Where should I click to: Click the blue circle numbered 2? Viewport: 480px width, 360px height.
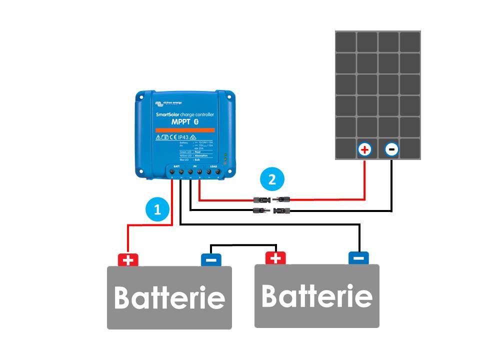click(272, 179)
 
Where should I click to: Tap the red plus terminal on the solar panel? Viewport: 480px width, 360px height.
click(365, 149)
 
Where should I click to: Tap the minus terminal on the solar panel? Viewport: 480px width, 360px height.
click(391, 149)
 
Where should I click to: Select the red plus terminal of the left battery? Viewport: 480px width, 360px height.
click(128, 260)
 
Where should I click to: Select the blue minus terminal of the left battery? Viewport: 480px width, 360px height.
click(211, 260)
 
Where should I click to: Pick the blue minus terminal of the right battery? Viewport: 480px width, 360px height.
click(358, 258)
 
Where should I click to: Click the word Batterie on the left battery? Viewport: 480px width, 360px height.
click(169, 298)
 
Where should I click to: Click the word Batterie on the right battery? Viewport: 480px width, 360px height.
click(317, 296)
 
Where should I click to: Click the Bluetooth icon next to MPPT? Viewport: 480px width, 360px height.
click(196, 122)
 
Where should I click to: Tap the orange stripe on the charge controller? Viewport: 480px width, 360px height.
click(185, 130)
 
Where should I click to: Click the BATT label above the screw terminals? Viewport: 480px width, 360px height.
click(176, 165)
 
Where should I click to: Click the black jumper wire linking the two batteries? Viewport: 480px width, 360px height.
click(243, 245)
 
